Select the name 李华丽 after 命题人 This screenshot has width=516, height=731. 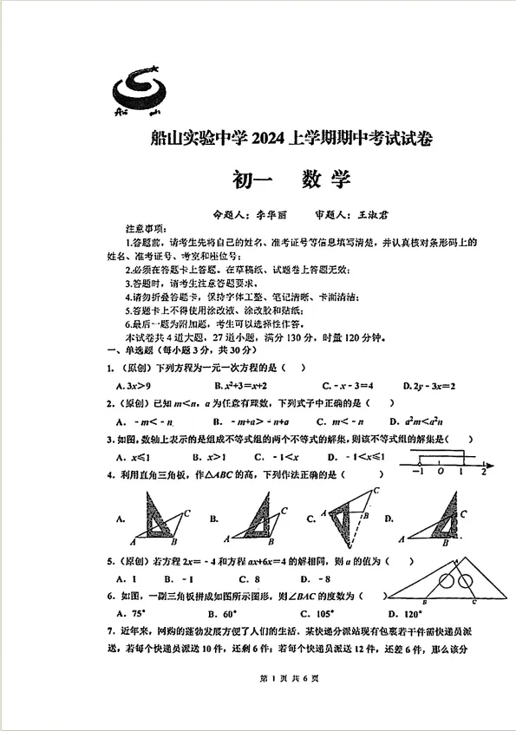click(x=269, y=213)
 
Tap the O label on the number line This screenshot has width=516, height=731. click(x=441, y=472)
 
